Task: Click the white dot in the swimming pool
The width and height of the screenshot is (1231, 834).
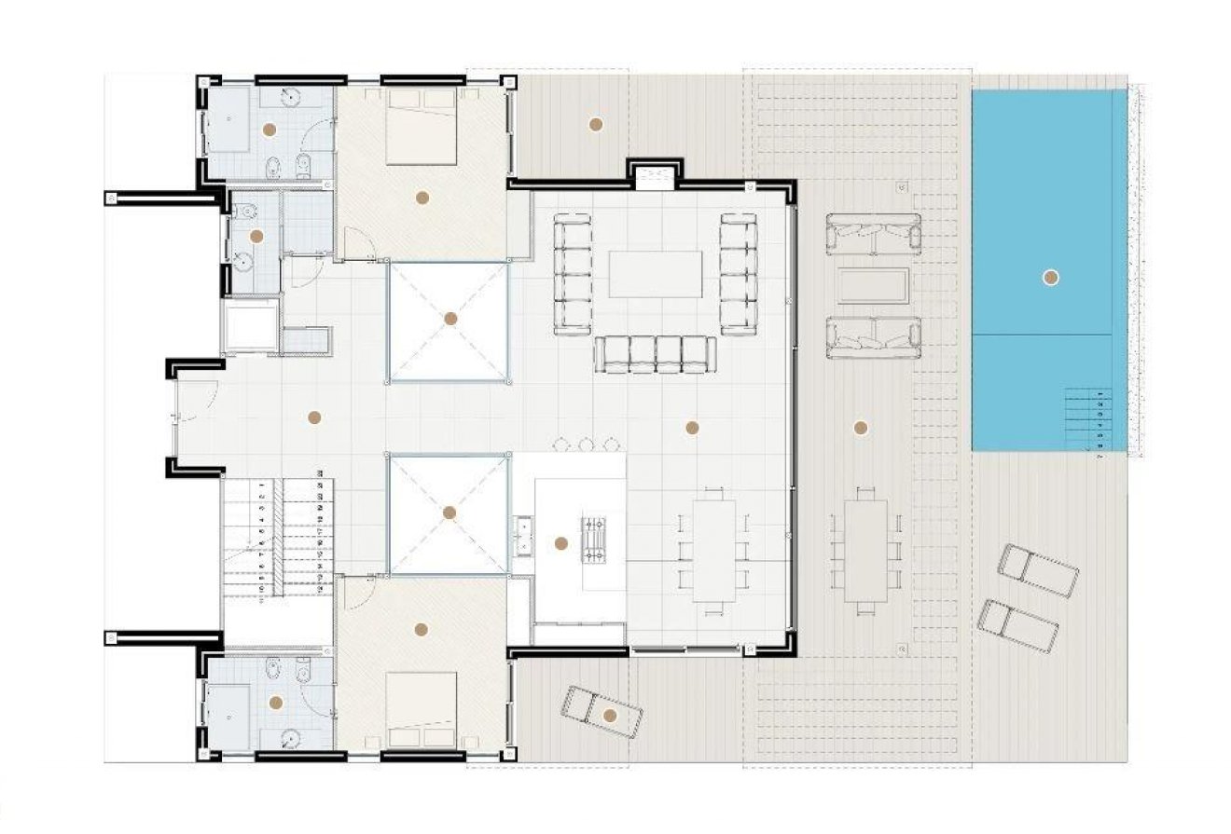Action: [1051, 277]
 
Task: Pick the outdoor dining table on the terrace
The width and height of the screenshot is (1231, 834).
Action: [866, 550]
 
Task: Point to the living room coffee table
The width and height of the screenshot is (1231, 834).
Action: [656, 274]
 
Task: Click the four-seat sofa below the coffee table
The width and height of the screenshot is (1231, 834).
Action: [656, 354]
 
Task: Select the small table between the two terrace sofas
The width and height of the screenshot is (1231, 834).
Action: [873, 285]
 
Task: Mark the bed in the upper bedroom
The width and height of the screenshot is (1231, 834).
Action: [421, 126]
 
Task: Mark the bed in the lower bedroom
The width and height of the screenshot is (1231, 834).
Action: [421, 710]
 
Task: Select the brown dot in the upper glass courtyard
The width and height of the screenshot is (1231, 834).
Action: [450, 319]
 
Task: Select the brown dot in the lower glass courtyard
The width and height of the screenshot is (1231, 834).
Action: [450, 513]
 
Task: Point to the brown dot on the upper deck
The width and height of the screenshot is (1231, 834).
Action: [595, 124]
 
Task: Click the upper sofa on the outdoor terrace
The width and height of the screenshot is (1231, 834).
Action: [873, 234]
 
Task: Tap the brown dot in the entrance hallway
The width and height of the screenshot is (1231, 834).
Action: [314, 417]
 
